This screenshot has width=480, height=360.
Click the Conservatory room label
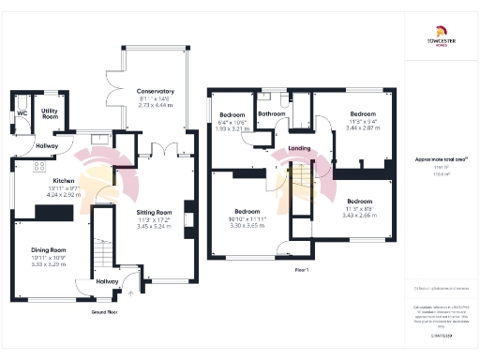155,91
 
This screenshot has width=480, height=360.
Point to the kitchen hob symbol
39,166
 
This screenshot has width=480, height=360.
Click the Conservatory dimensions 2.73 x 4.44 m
155,106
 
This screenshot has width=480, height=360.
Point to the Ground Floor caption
104,310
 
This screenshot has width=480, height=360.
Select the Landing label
300,148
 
